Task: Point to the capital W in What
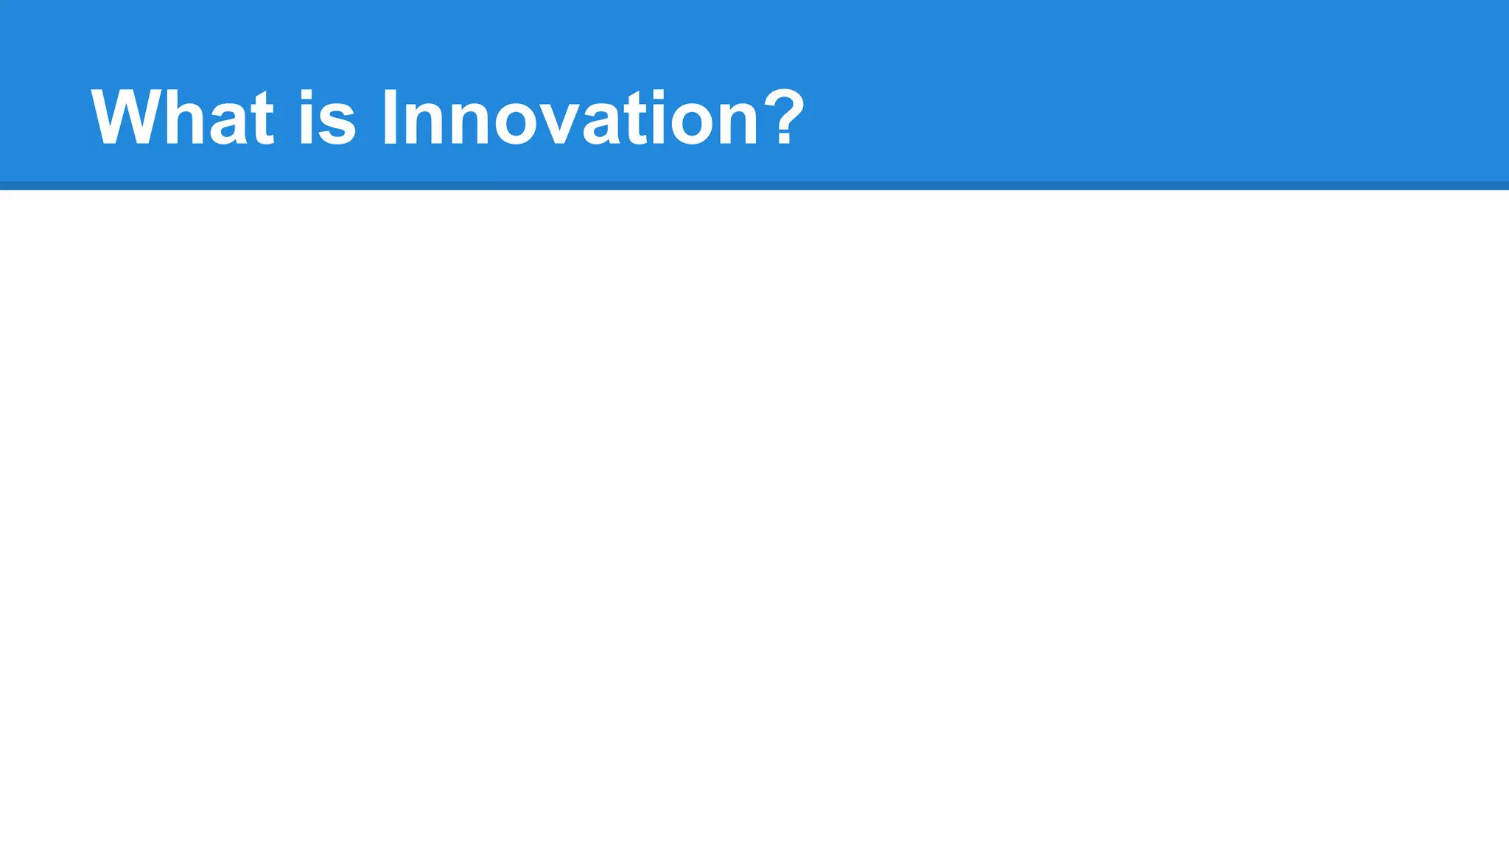pos(123,117)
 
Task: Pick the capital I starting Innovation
pos(390,117)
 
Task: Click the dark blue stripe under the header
pos(754,186)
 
